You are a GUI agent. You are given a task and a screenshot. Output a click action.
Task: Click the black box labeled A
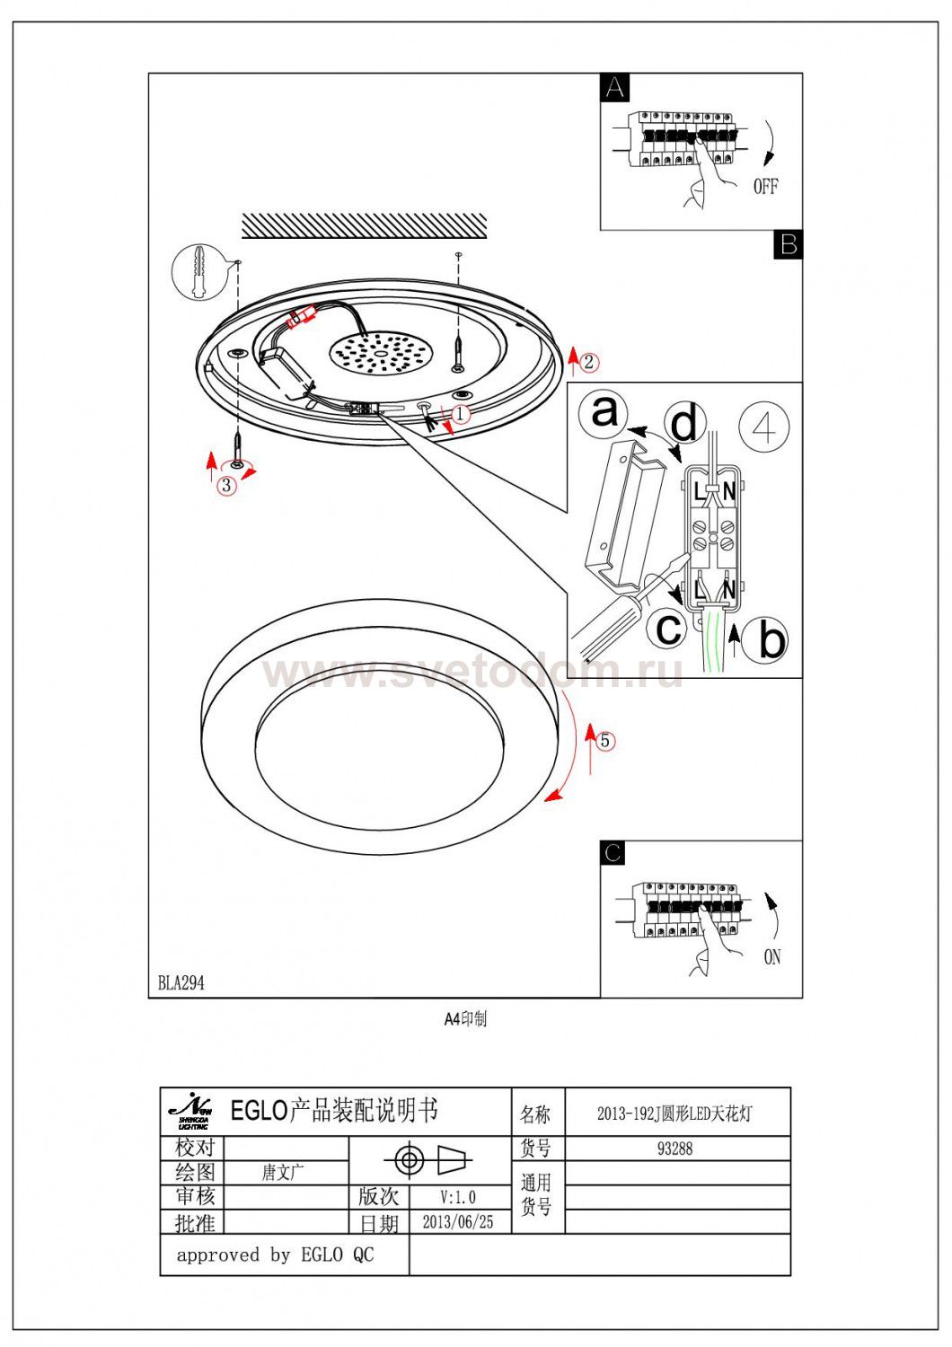tap(615, 88)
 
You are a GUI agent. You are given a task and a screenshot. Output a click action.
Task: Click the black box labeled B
tap(788, 244)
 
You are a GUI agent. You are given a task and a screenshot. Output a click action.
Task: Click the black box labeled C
tap(613, 852)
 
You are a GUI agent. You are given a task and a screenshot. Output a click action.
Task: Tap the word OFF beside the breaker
tap(765, 186)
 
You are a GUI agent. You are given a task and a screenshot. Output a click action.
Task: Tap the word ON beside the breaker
tap(771, 956)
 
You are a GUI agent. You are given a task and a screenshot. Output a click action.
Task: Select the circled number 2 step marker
tap(588, 362)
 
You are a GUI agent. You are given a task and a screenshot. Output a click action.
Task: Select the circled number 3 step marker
tap(226, 485)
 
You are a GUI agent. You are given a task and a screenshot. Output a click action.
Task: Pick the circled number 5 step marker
tap(605, 740)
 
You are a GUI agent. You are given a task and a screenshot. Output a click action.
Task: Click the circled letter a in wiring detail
tap(604, 412)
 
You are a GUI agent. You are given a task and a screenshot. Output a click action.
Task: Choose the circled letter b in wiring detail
tap(771, 638)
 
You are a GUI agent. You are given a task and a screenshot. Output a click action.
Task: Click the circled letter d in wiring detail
tap(685, 423)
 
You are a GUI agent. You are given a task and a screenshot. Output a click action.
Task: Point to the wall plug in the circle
tap(198, 271)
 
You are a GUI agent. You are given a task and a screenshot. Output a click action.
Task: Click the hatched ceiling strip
tap(364, 225)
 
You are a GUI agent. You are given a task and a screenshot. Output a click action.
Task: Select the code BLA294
tap(181, 982)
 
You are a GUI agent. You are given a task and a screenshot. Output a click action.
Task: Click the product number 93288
tap(674, 1148)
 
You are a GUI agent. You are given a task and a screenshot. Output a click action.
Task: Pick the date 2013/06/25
tap(457, 1221)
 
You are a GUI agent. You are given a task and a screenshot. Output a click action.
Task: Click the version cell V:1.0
tap(458, 1196)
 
